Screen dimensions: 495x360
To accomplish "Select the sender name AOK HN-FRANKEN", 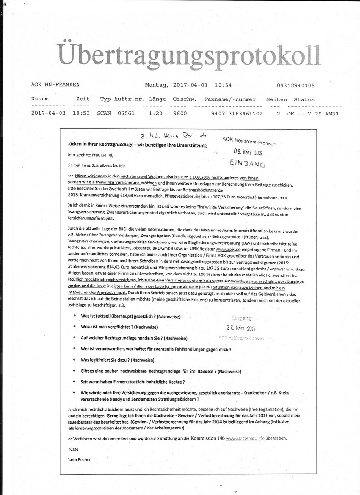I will pos(55,85).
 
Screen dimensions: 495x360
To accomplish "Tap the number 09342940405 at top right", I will pos(296,85).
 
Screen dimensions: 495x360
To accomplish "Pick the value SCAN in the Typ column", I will pos(104,114).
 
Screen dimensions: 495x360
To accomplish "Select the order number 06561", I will pos(126,114).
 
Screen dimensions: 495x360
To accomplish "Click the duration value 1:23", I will pos(156,114).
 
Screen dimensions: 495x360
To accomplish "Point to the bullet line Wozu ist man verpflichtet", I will pos(119,327).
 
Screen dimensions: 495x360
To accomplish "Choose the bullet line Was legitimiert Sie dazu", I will pos(117,360).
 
